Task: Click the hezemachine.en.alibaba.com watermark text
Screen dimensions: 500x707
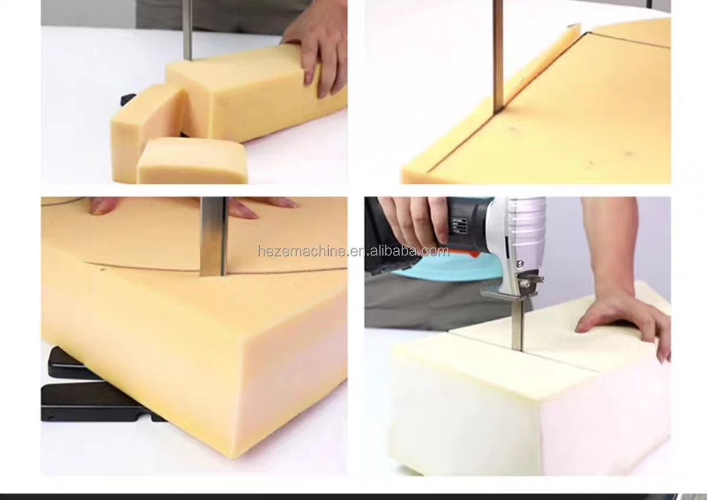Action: click(x=353, y=252)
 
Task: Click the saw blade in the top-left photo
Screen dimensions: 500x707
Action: click(x=187, y=29)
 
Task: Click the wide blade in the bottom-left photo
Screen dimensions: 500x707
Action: click(x=213, y=236)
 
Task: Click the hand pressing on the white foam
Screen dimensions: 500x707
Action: click(x=619, y=318)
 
